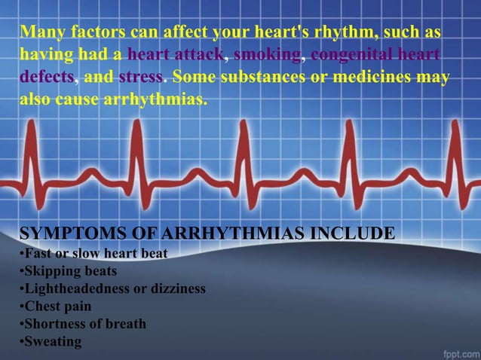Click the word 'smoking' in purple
tap(268, 56)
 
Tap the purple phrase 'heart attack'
tap(178, 56)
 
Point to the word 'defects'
tap(47, 78)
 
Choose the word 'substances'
tap(274, 78)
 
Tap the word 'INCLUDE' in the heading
tap(354, 233)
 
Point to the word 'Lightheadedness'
tap(72, 288)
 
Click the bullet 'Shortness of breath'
tap(84, 324)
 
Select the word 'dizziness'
tap(176, 288)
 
